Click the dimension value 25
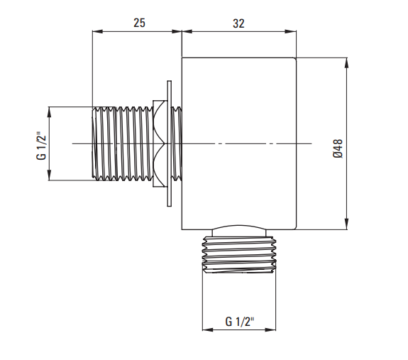139,23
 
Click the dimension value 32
238,23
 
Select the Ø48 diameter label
338,148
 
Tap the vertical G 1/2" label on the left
41,146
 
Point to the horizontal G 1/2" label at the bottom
240,322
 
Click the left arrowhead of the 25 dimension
98,31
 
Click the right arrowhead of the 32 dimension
291,31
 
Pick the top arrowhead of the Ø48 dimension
347,62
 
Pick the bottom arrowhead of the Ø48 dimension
347,224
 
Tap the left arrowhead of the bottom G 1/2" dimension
208,329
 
